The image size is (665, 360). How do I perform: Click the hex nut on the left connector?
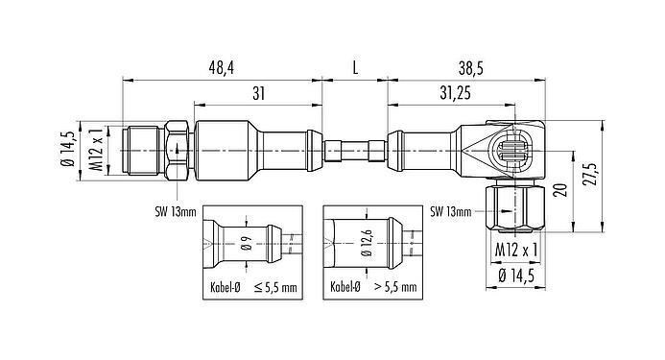point(177,150)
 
